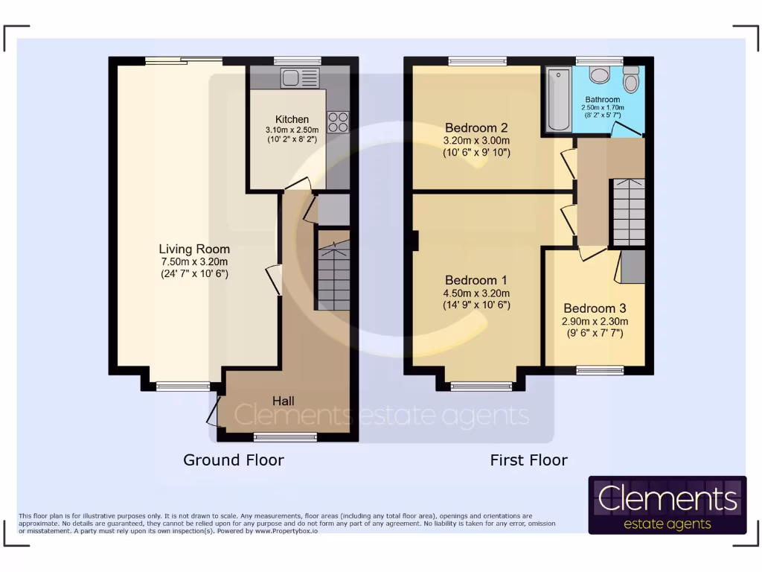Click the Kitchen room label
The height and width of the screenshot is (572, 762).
tap(292, 119)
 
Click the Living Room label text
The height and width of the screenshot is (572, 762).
tap(194, 249)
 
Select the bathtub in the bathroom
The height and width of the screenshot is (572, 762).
tap(557, 99)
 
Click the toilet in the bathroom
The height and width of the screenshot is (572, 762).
tap(599, 74)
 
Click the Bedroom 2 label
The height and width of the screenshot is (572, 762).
tap(476, 127)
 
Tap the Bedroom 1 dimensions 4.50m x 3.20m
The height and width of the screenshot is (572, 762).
tap(476, 293)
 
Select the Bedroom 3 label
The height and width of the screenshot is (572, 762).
tap(595, 308)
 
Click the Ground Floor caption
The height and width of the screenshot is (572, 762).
tap(234, 460)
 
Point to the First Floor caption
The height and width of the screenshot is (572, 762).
tap(528, 460)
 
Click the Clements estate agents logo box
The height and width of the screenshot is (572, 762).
tap(667, 505)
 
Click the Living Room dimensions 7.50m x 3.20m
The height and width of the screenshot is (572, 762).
tap(194, 261)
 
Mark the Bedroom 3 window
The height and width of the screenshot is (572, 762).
tap(600, 369)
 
